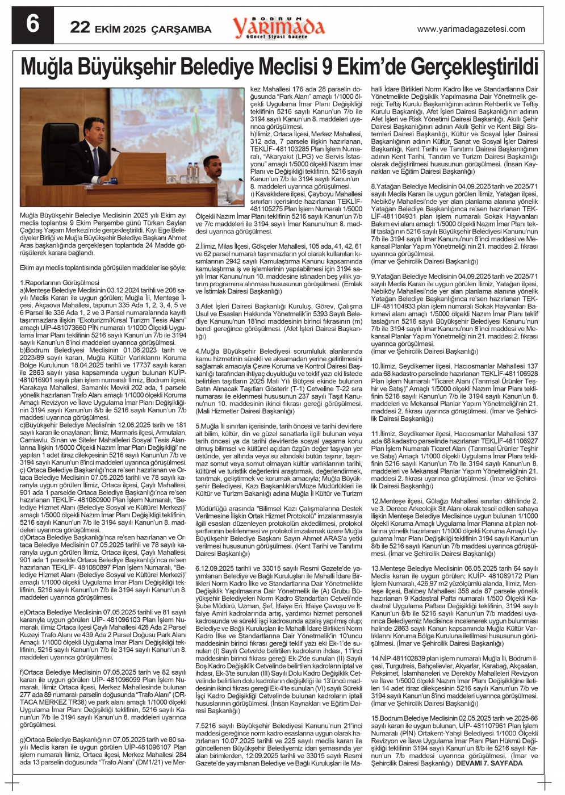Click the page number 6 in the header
click(33, 24)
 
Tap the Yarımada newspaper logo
click(278, 26)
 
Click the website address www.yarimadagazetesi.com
click(471, 29)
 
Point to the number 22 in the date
click(80, 27)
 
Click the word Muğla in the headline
click(47, 68)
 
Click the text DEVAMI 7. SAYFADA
click(489, 763)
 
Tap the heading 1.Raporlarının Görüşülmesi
click(60, 282)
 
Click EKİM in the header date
click(107, 29)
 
